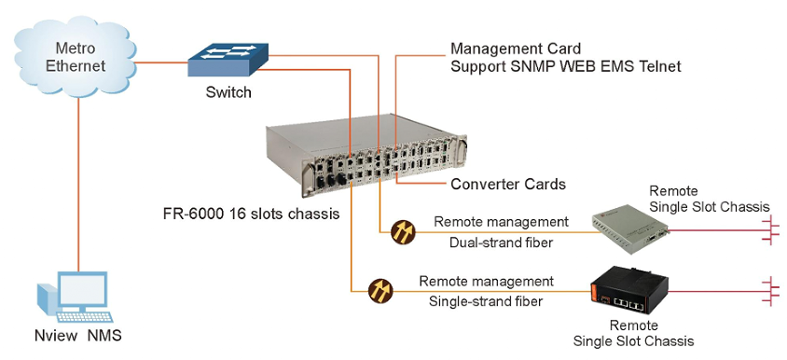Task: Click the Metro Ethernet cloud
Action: pyautogui.click(x=76, y=58)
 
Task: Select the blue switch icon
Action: pyautogui.click(x=228, y=60)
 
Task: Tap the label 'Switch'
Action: pyautogui.click(x=228, y=92)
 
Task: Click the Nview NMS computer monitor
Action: pyautogui.click(x=83, y=290)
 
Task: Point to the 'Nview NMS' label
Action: pyautogui.click(x=77, y=336)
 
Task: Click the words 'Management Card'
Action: pyautogui.click(x=516, y=48)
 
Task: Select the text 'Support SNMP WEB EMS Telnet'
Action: pyautogui.click(x=566, y=66)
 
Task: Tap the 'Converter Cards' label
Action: pyautogui.click(x=508, y=185)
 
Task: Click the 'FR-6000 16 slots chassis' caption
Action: pyautogui.click(x=252, y=214)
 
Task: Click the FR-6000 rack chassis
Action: pyautogui.click(x=366, y=153)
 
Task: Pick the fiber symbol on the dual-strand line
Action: pyautogui.click(x=403, y=232)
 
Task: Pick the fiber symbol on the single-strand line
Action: pyautogui.click(x=380, y=291)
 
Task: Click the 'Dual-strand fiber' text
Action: pyautogui.click(x=501, y=243)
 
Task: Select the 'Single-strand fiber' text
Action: pyautogui.click(x=486, y=302)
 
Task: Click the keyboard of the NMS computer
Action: pyautogui.click(x=84, y=317)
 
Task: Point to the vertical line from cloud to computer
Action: pyautogui.click(x=79, y=185)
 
